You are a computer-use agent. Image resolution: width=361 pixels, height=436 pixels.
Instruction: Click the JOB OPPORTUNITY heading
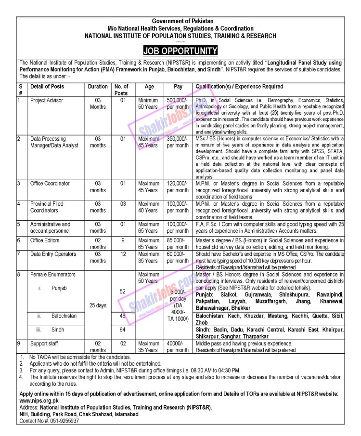point(180,51)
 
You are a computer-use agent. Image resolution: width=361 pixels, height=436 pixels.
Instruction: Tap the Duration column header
point(98,87)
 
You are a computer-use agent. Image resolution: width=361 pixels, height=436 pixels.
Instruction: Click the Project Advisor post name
point(47,100)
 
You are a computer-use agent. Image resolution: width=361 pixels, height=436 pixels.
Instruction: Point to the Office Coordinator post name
point(50,184)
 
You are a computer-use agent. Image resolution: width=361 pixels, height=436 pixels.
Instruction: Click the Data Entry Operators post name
point(53,254)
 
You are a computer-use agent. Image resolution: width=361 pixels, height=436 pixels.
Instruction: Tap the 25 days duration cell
point(98,305)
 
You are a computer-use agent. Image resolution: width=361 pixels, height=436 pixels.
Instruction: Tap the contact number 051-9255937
point(60,420)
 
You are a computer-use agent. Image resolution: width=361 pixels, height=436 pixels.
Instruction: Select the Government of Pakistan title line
point(180,22)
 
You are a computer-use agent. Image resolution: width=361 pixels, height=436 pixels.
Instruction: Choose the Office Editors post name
point(47,240)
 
